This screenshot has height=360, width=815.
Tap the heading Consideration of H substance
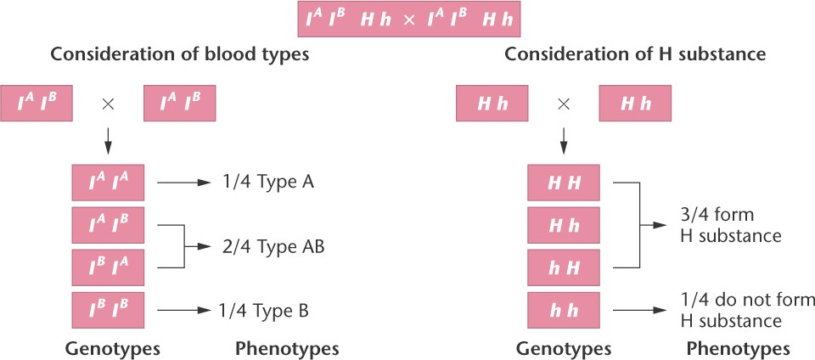click(x=636, y=56)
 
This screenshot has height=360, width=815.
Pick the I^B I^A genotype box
click(x=108, y=267)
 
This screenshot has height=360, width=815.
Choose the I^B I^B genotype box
click(x=108, y=310)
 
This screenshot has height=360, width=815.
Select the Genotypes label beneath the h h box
click(x=564, y=348)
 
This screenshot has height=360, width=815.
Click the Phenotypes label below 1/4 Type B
click(x=286, y=348)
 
